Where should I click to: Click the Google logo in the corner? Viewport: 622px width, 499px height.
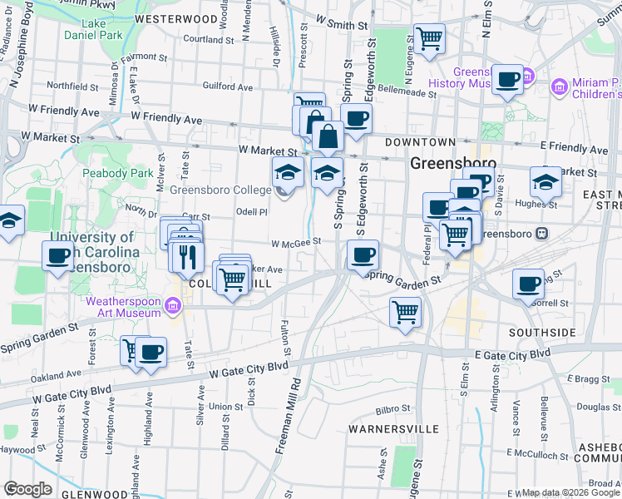27,488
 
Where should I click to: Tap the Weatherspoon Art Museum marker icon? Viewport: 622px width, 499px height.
173,307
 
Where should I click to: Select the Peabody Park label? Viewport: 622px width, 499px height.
117,174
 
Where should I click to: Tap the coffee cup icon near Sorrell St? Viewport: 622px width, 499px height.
528,284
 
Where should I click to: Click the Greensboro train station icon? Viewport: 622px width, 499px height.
541,234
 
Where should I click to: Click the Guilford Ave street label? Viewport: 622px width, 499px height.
227,86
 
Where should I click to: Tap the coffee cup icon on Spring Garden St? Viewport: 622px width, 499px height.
363,255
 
